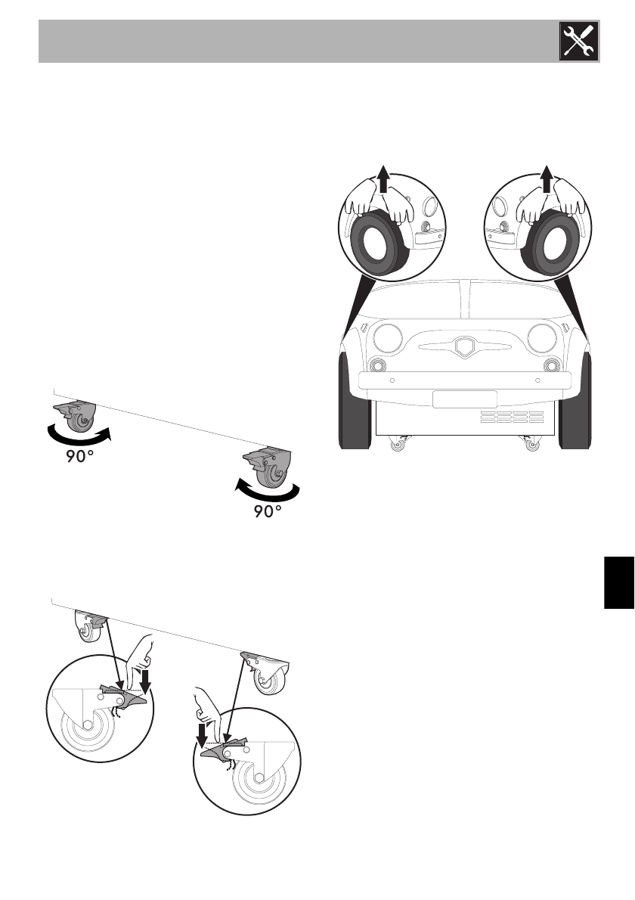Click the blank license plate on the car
464,399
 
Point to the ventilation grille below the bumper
513,417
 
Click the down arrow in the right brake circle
203,733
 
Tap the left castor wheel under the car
396,445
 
